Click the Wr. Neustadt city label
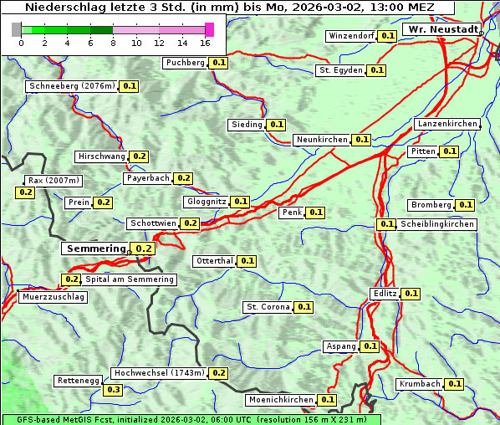point(441,29)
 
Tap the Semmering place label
point(94,248)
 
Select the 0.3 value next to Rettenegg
point(113,390)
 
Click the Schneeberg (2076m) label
point(71,86)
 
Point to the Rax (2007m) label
point(53,181)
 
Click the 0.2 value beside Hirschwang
point(139,156)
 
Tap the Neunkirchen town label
point(322,140)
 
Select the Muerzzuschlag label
point(53,297)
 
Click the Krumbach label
point(420,384)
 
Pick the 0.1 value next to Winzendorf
point(387,36)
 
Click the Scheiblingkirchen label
point(436,224)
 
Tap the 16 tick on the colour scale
point(206,43)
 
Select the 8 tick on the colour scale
point(113,43)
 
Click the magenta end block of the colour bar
point(209,30)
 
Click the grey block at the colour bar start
point(17,30)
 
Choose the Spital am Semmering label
point(130,279)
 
